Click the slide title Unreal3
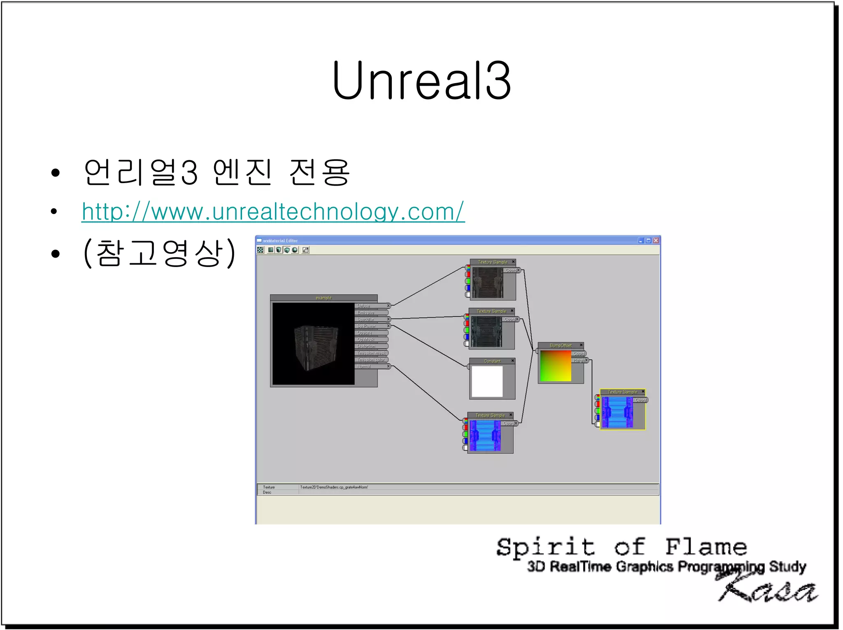[421, 81]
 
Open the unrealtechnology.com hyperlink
[273, 212]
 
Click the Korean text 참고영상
[159, 253]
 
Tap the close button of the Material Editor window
[656, 241]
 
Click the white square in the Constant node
[487, 381]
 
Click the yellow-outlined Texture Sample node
[622, 410]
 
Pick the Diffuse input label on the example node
[363, 306]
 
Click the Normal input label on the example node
[364, 367]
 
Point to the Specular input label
[366, 319]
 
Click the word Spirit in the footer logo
[545, 548]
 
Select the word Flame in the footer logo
[706, 548]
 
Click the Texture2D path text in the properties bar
[334, 487]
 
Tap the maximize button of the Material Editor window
[648, 241]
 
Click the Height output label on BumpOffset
[579, 360]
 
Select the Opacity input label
[364, 333]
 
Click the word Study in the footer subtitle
[787, 567]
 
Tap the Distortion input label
[366, 346]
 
